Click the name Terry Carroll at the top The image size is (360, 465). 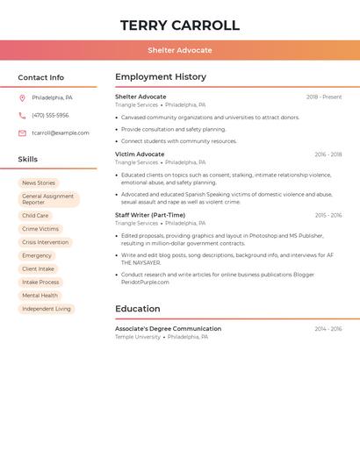point(179,25)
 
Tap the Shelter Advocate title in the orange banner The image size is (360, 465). point(179,51)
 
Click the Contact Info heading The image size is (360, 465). point(41,78)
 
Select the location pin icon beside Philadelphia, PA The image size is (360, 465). point(22,97)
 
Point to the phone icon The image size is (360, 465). point(22,115)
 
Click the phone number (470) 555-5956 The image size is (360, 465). point(50,115)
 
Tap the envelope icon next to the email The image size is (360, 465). point(22,133)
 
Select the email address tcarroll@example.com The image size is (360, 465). point(61,133)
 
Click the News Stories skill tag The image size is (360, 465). point(39,183)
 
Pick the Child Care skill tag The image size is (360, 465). point(35,216)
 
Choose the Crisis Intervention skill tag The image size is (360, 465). point(45,242)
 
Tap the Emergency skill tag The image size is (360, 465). point(37,255)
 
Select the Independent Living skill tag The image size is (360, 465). point(47,309)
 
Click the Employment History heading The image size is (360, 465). point(161,77)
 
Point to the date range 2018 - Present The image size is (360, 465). point(324,97)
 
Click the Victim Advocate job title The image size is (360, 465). point(140,154)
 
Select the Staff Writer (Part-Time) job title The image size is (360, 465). point(150,215)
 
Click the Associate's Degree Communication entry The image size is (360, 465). point(168,329)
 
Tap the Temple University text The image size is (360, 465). point(138,337)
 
